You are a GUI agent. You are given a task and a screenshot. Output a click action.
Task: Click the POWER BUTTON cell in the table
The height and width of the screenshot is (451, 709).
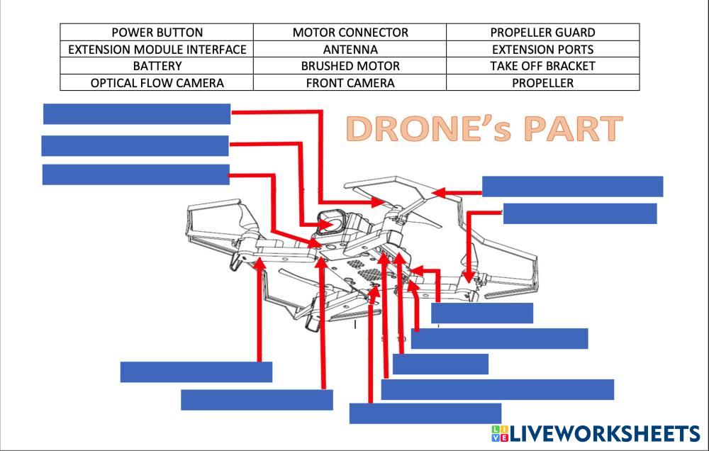[x=157, y=33]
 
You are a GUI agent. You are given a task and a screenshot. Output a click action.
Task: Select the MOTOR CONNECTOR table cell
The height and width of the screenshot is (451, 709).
[x=350, y=33]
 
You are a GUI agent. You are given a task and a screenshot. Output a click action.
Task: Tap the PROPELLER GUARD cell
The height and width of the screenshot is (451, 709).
[x=542, y=33]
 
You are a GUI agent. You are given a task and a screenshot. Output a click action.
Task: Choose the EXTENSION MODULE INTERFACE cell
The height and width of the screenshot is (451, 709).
[x=157, y=50]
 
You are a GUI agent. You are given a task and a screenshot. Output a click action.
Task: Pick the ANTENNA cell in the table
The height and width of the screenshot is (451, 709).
[x=350, y=50]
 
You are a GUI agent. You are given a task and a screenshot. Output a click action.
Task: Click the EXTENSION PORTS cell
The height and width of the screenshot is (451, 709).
[x=542, y=50]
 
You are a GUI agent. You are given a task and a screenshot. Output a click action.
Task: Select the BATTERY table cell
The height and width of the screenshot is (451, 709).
[x=157, y=66]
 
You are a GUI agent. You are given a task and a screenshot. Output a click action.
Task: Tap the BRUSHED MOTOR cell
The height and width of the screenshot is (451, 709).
[x=350, y=66]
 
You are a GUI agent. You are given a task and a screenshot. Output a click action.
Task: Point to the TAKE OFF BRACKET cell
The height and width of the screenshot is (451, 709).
[x=542, y=66]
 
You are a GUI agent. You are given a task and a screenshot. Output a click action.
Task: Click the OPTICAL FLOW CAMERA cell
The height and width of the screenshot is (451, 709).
[x=157, y=83]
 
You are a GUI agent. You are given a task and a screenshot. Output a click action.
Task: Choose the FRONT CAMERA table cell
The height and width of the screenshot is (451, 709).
[x=350, y=83]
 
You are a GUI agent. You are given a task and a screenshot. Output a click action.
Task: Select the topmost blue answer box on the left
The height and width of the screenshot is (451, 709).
[x=137, y=113]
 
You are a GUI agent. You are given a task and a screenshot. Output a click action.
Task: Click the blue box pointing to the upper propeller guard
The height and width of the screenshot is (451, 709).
[x=572, y=186]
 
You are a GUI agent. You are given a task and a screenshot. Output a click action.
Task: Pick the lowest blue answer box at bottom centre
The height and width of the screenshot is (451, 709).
[x=425, y=413]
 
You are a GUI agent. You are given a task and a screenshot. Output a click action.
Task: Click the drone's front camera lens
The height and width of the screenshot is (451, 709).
[x=330, y=223]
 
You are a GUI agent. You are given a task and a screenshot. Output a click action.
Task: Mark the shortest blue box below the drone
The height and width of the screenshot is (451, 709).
[x=440, y=364]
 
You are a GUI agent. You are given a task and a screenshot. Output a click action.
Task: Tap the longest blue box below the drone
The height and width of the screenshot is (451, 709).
[x=497, y=389]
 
